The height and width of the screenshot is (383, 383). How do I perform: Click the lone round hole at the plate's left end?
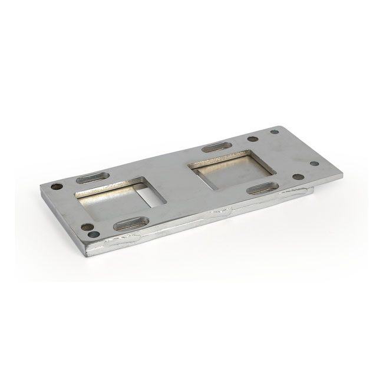pos(56,186)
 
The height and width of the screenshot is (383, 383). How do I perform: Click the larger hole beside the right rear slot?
pos(253,140)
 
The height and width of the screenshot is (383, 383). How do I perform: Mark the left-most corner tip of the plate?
pos(40,186)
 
